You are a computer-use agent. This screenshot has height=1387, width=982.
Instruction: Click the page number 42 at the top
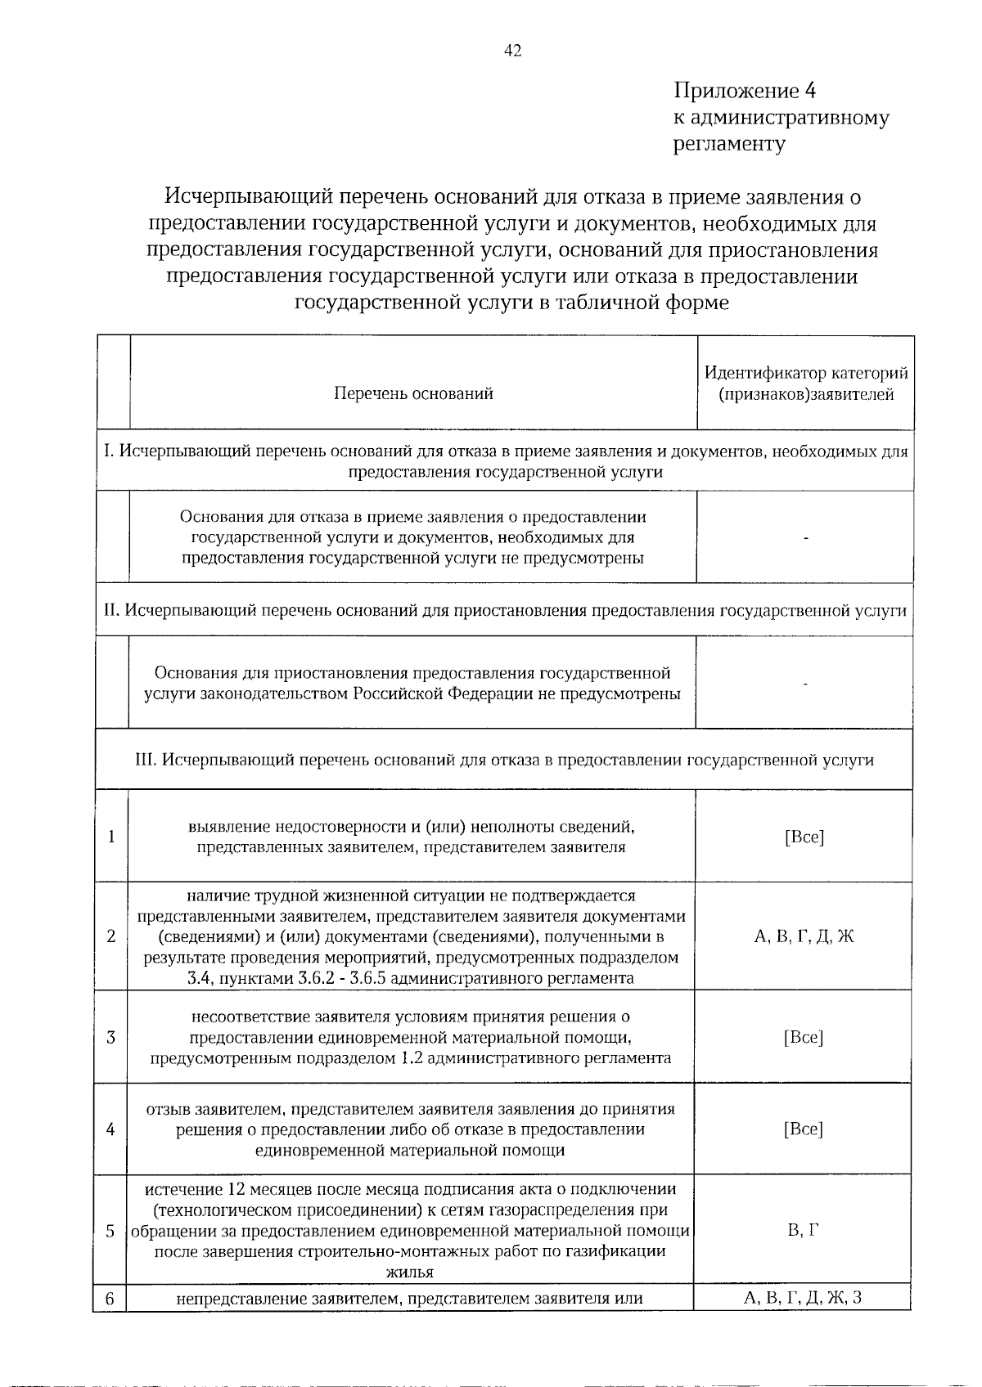512,51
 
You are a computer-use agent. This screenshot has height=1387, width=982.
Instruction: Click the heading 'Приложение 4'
745,90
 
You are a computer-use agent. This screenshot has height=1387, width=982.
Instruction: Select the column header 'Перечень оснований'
413,394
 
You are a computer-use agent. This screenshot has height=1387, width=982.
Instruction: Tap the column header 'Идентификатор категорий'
806,374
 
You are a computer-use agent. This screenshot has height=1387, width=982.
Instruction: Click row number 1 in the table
110,837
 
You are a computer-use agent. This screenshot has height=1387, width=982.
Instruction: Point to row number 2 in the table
110,936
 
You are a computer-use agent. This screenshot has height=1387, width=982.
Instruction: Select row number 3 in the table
110,1038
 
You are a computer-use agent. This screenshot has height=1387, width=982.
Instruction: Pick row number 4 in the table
110,1129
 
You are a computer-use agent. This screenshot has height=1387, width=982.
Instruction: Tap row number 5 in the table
110,1231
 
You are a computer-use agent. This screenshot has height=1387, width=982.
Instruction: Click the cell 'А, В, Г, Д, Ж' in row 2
804,937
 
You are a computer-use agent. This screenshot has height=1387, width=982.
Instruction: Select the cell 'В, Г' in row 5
804,1231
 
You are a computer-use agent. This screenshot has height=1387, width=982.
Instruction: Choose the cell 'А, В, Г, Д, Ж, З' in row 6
804,1298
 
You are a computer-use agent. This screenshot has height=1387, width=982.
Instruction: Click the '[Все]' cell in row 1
804,837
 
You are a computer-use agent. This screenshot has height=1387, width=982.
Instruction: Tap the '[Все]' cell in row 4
804,1129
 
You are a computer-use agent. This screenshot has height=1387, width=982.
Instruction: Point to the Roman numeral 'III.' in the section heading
145,761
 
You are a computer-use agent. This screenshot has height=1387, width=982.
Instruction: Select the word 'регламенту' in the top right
729,145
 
